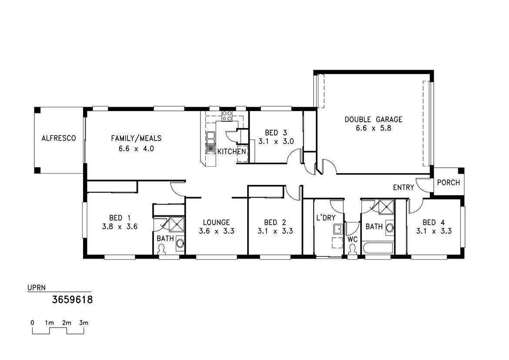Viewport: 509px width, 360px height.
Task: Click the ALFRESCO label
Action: pos(59,138)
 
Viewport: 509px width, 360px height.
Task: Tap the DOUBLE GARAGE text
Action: pos(373,120)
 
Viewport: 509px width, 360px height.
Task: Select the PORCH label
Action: pos(448,182)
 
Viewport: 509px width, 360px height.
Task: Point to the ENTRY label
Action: pos(403,188)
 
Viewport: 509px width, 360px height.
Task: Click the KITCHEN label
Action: pos(232,151)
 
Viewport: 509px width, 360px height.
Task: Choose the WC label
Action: pos(352,240)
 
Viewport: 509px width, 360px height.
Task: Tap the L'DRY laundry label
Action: pos(325,218)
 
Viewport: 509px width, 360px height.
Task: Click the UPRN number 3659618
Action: pos(72,299)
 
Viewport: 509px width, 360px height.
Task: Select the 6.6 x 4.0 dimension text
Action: pos(136,149)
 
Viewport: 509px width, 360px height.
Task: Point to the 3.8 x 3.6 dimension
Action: pos(120,226)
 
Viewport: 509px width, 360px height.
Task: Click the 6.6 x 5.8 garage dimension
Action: pos(373,128)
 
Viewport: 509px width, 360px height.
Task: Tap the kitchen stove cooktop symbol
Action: pos(227,116)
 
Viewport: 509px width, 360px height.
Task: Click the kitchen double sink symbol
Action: pos(211,142)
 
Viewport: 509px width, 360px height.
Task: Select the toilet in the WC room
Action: pos(352,249)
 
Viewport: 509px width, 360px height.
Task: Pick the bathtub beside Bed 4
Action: pos(378,248)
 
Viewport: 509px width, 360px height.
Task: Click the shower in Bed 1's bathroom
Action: pos(176,225)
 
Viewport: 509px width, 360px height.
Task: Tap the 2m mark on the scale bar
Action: pos(67,323)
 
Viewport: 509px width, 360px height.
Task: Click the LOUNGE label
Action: pos(217,222)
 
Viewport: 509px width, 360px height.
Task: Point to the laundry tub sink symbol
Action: pos(338,229)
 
